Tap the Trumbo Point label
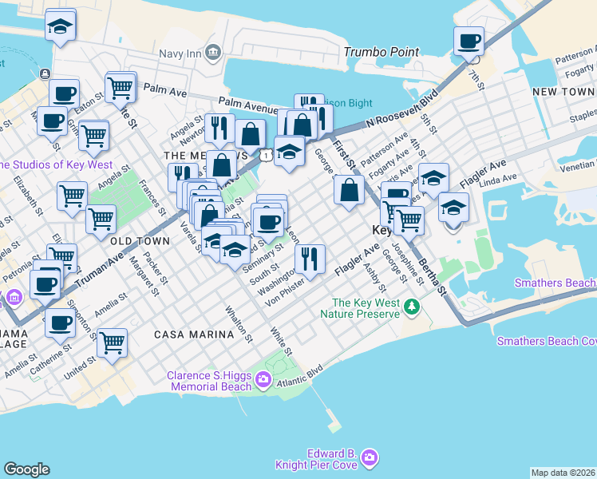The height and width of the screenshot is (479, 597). coord(381,52)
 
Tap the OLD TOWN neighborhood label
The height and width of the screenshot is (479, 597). coord(140,240)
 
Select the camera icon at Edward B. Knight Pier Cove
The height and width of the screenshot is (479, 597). coord(369,457)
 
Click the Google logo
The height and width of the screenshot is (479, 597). coord(26,469)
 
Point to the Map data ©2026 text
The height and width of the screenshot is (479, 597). coord(563,473)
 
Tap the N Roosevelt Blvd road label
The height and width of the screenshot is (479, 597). coord(403,112)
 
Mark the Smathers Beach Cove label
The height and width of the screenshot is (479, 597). coord(546,341)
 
